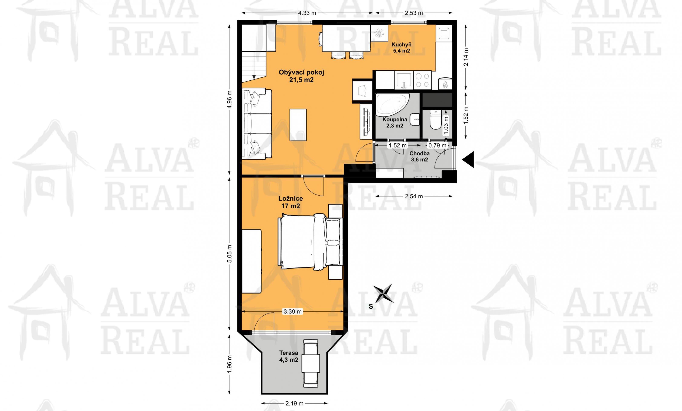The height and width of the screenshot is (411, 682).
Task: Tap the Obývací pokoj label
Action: [301, 76]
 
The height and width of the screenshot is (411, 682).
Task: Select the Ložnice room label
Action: [290, 202]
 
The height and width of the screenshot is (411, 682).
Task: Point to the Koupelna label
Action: [395, 122]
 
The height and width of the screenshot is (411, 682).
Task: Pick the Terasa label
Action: [289, 356]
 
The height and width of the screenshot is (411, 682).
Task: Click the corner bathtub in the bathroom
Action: [392, 105]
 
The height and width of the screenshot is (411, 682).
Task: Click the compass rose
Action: [383, 293]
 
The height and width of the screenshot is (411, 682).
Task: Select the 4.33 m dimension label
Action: [307, 13]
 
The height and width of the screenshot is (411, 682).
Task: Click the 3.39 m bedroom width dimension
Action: [292, 312]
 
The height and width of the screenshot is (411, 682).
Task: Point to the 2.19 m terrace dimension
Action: [294, 403]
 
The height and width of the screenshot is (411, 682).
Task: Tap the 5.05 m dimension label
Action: [229, 254]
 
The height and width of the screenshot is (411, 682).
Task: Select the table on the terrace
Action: [311, 363]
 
